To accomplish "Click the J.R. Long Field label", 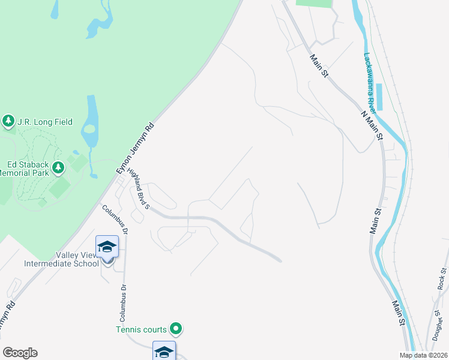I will pyautogui.click(x=45, y=122).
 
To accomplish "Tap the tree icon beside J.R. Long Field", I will pyautogui.click(x=8, y=122).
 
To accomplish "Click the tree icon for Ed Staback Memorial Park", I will pyautogui.click(x=58, y=167).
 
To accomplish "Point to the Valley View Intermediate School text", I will pyautogui.click(x=61, y=259).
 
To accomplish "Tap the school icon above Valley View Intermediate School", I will pyautogui.click(x=107, y=246).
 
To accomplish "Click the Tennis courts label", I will pyautogui.click(x=142, y=329).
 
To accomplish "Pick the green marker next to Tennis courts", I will pyautogui.click(x=176, y=328).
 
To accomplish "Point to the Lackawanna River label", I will pyautogui.click(x=370, y=82).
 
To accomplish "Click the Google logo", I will pyautogui.click(x=20, y=353).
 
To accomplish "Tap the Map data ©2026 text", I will pyautogui.click(x=423, y=355).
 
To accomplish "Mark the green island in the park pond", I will pyautogui.click(x=89, y=128).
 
